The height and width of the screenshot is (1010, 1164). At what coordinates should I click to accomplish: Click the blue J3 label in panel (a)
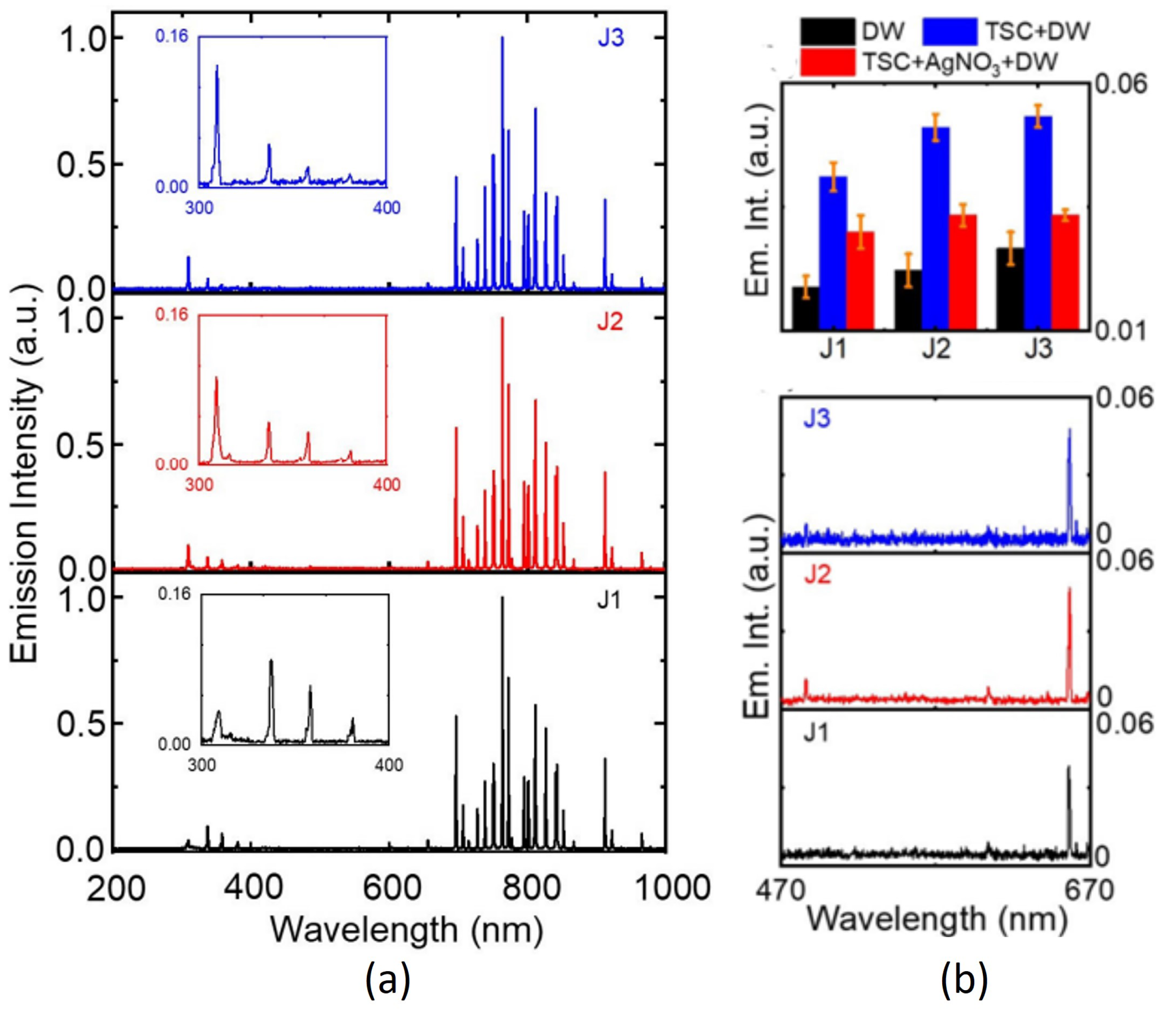[x=611, y=39]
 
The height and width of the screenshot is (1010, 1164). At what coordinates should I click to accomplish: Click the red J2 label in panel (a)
[x=610, y=322]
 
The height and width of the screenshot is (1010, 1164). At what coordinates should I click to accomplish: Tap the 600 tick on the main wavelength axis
[x=391, y=889]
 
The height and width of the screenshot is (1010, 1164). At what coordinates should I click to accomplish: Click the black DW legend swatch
[x=827, y=32]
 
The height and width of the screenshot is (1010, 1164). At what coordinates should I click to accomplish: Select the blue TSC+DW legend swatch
[x=950, y=32]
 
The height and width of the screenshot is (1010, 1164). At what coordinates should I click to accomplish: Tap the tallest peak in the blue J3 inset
[x=217, y=67]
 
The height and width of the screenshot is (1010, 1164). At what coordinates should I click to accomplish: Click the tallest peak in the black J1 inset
[x=271, y=662]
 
